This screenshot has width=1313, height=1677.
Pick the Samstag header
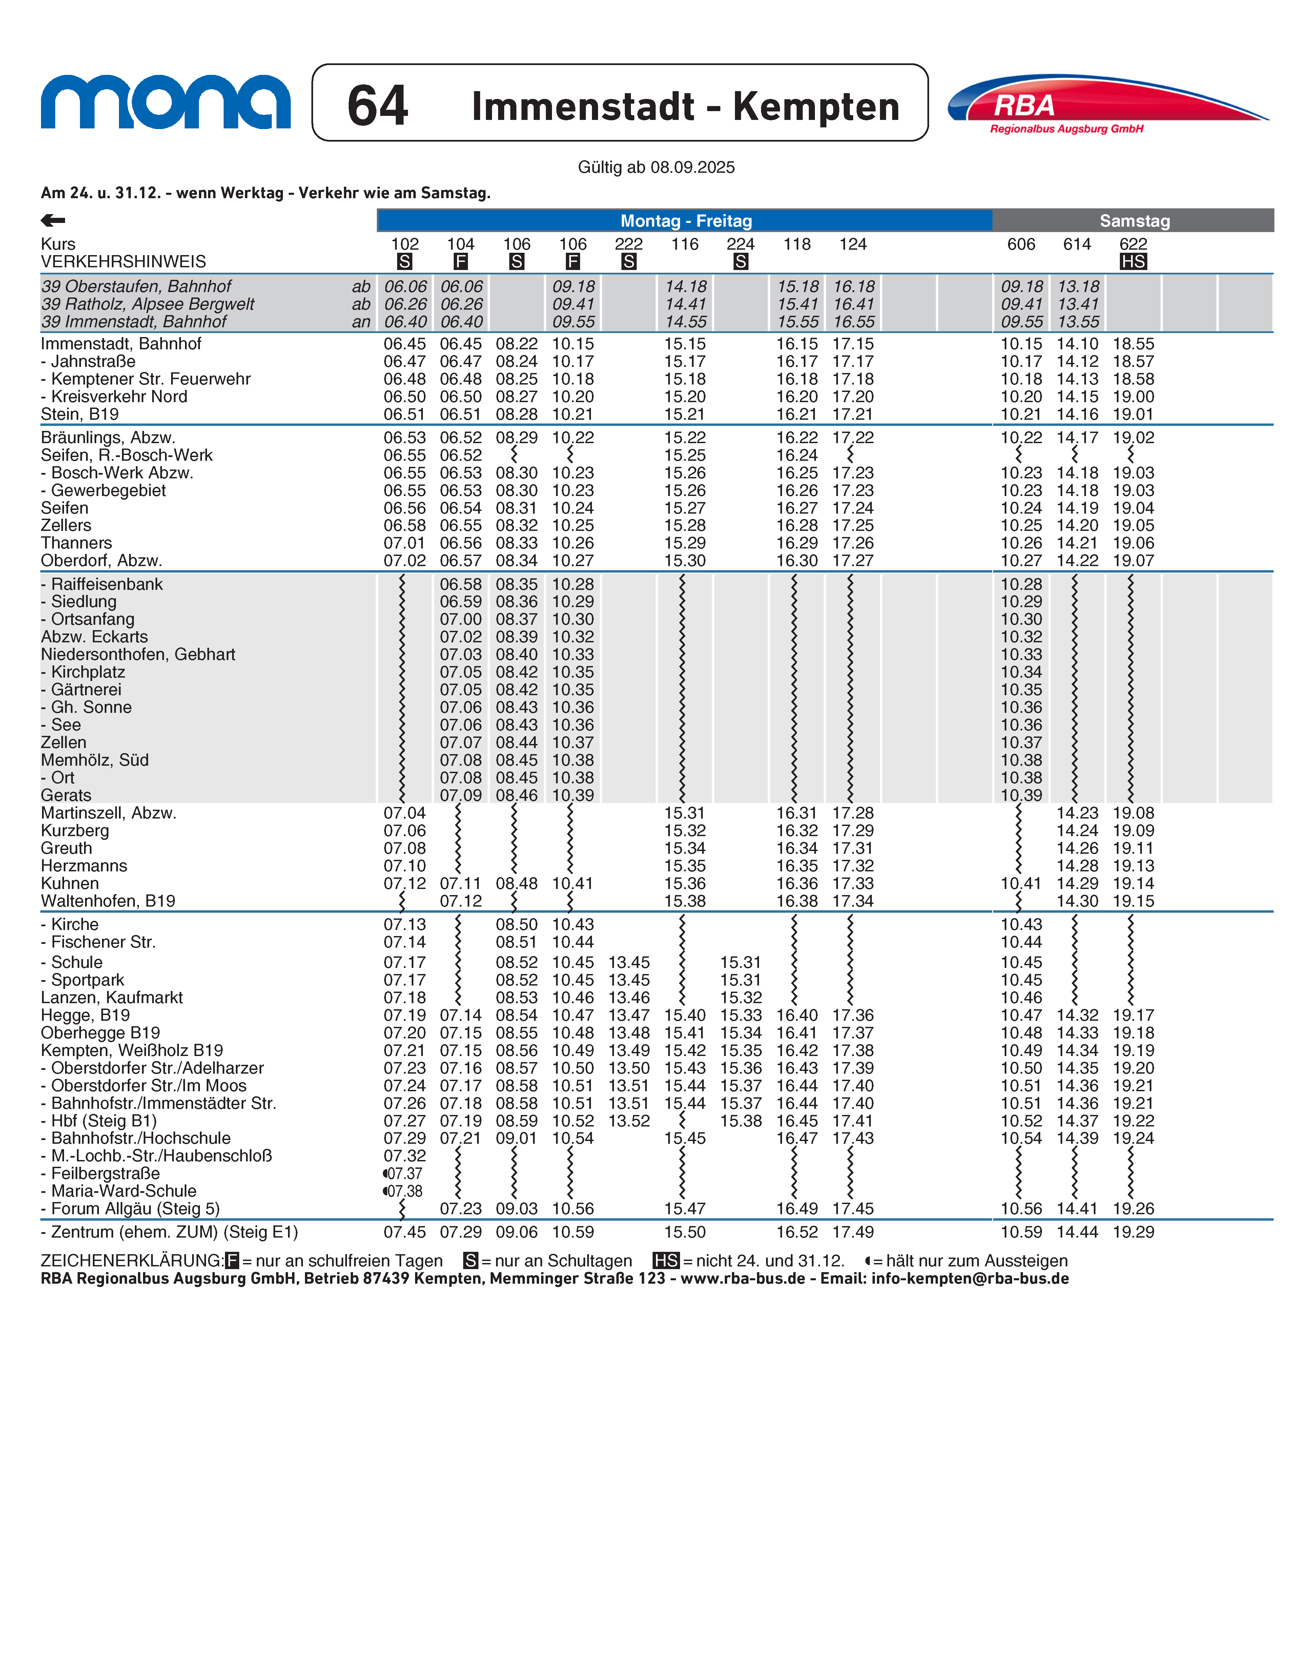(x=1134, y=221)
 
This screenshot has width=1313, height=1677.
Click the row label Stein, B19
(x=80, y=414)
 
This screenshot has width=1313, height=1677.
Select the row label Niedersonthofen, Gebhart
(x=138, y=654)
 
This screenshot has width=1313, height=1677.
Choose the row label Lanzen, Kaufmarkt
(x=111, y=998)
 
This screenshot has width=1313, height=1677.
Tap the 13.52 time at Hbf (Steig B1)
(x=629, y=1121)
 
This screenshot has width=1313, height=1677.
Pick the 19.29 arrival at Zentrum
(x=1133, y=1232)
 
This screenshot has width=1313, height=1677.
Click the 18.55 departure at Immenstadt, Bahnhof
(x=1133, y=344)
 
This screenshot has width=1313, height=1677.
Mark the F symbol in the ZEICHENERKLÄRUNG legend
(x=232, y=1260)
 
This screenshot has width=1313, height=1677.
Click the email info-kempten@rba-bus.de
(x=970, y=1278)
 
